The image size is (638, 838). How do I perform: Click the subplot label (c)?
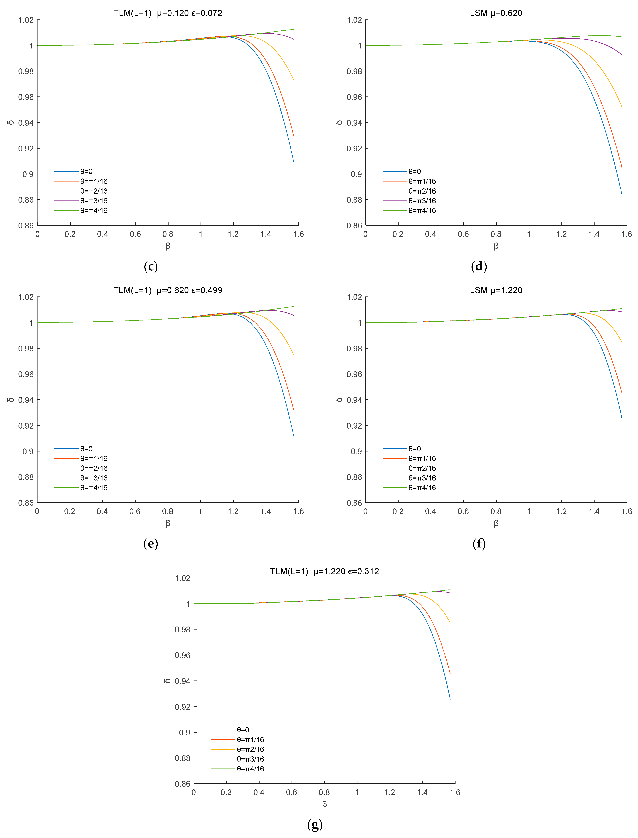[x=151, y=267]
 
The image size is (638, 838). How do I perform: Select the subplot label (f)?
[x=479, y=544]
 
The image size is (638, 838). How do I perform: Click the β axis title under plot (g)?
[x=324, y=804]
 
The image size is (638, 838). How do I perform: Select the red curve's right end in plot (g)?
[x=450, y=674]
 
